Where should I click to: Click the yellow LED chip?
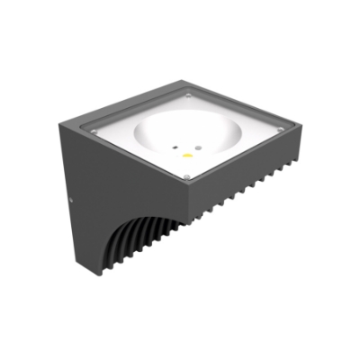click(x=187, y=156)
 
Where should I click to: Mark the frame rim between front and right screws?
click(x=238, y=157)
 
